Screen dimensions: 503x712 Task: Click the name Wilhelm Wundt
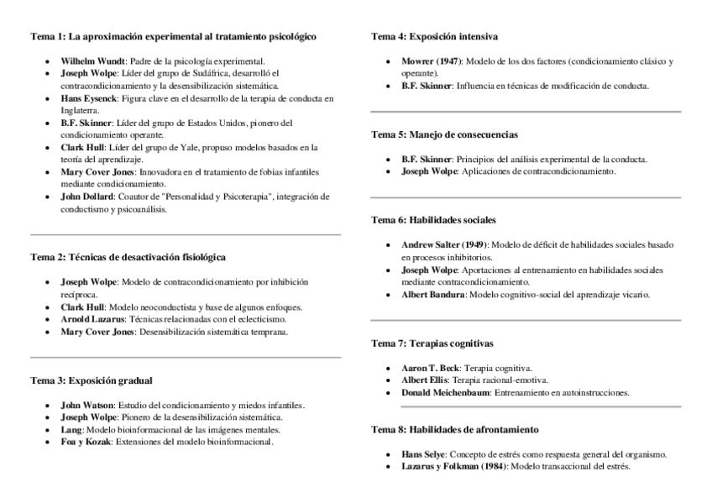[x=92, y=61]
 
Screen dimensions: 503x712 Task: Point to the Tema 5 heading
[x=444, y=134]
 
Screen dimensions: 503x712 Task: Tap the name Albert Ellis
[x=425, y=380]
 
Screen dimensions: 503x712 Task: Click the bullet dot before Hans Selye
[x=388, y=454]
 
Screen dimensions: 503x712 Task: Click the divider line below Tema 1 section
[x=186, y=234]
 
